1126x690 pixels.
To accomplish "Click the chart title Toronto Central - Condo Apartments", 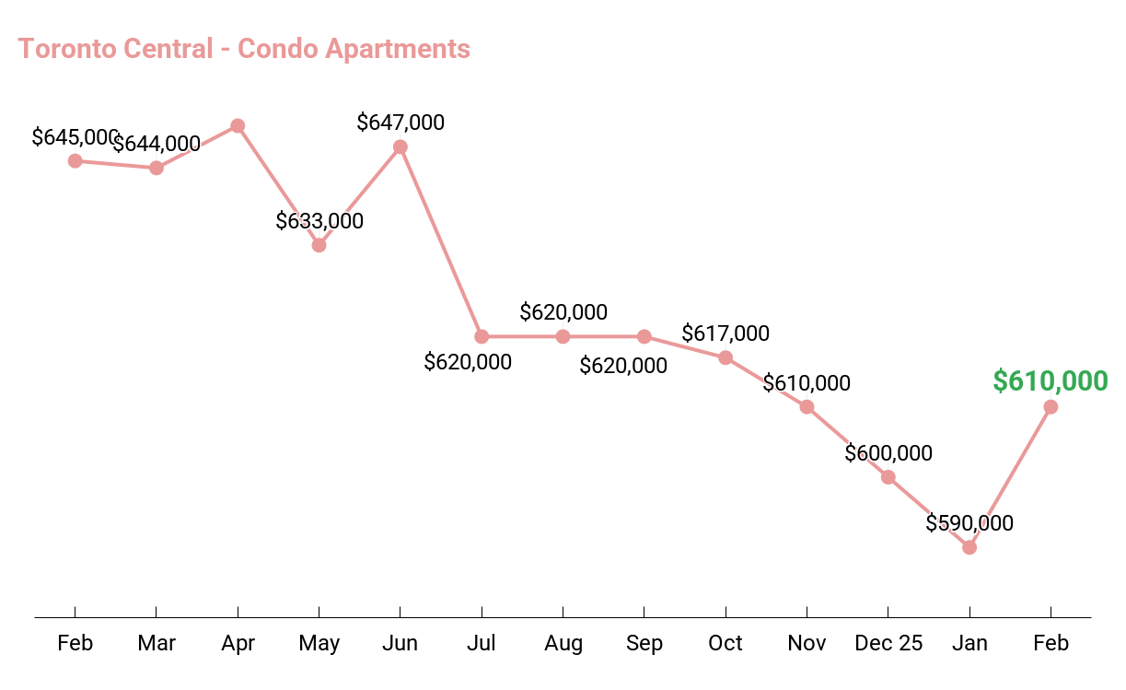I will click(x=244, y=48).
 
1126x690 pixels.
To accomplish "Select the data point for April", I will click(x=238, y=125).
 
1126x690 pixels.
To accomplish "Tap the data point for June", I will click(x=400, y=146).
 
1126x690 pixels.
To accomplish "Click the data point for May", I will click(x=319, y=245).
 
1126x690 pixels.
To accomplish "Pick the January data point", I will click(x=969, y=547).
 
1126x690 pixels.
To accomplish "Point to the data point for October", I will click(x=726, y=357).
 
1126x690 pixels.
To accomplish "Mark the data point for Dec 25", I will click(x=888, y=477).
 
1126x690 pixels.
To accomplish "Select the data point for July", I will click(x=482, y=336).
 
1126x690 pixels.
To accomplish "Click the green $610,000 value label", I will click(x=1050, y=380).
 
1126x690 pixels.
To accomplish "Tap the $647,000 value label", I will click(x=400, y=123).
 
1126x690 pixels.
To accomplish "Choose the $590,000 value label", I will click(x=969, y=523).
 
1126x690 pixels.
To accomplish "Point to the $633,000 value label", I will click(x=319, y=221).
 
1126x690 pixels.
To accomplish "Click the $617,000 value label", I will click(x=726, y=333).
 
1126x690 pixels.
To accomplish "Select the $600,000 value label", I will click(x=888, y=453).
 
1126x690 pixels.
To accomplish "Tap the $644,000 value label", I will click(x=157, y=144).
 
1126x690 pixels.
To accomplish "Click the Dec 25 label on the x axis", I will click(x=888, y=643).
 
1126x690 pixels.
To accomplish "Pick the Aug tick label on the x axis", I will click(x=563, y=643).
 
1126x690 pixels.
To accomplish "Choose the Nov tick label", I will click(x=807, y=643).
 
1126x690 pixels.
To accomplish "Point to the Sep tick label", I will click(x=644, y=643).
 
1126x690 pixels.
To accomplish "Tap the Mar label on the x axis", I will click(x=157, y=643).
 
